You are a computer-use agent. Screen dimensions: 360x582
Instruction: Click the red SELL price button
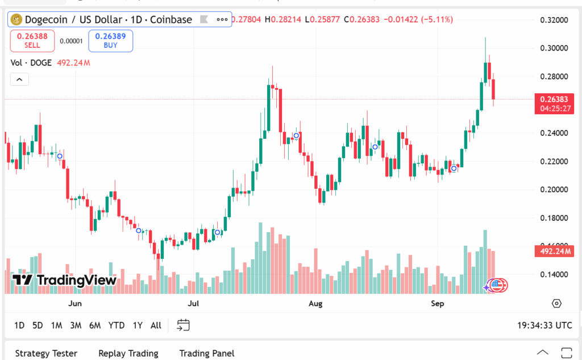tap(32, 40)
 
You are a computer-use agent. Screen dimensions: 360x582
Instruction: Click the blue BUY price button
tap(110, 40)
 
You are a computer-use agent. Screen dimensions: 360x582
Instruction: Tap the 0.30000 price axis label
tap(554, 48)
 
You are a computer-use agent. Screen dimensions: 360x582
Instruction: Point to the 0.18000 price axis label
tap(554, 218)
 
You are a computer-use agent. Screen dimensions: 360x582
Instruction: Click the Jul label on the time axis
tap(194, 304)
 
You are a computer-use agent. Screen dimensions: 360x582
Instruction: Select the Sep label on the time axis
tap(437, 304)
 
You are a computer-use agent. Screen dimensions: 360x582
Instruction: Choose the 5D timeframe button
tap(38, 325)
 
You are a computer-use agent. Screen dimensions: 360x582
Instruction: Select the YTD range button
tap(117, 325)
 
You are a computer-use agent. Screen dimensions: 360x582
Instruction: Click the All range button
tap(156, 325)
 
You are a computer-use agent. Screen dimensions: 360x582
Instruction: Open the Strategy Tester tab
tap(46, 353)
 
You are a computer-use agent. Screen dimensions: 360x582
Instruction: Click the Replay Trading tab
tap(128, 353)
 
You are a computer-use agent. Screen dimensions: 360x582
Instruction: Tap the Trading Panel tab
tap(206, 353)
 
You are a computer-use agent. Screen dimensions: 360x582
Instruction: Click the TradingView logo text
tap(65, 280)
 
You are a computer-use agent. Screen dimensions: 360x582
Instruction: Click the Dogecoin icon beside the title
tap(15, 19)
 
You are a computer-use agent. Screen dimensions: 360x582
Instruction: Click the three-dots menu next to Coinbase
tap(222, 19)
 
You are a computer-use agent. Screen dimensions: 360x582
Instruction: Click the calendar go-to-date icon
tap(183, 325)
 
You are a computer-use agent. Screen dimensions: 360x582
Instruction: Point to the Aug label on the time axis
tap(315, 304)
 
